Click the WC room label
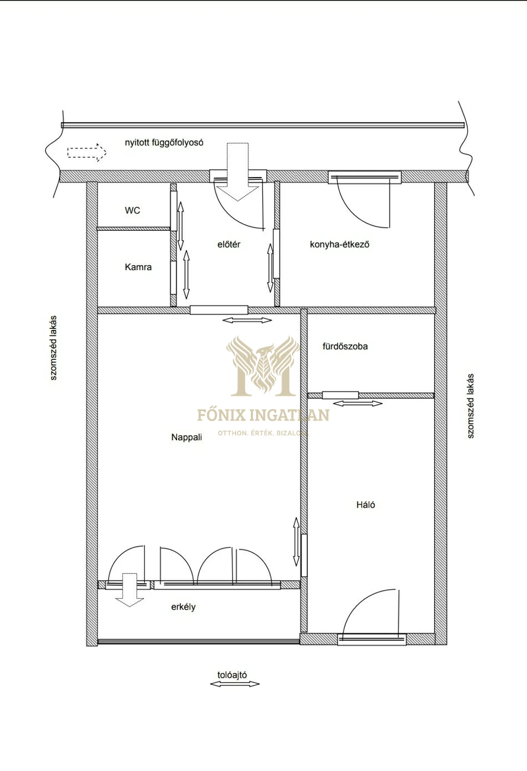click(x=132, y=210)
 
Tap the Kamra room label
click(x=138, y=267)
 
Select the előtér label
click(x=229, y=245)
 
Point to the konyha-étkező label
click(x=340, y=245)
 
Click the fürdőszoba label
click(x=345, y=346)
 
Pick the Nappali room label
click(x=187, y=437)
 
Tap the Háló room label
click(x=366, y=505)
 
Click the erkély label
click(x=183, y=607)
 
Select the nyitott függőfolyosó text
click(x=164, y=142)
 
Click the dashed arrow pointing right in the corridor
click(x=87, y=152)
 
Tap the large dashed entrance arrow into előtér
click(x=238, y=172)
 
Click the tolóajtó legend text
click(x=232, y=675)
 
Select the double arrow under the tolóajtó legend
click(x=235, y=684)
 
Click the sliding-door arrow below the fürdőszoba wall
click(x=358, y=403)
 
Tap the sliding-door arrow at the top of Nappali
click(x=247, y=320)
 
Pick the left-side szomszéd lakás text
click(x=53, y=348)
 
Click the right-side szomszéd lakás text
click(x=471, y=406)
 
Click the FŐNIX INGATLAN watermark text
click(x=263, y=415)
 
